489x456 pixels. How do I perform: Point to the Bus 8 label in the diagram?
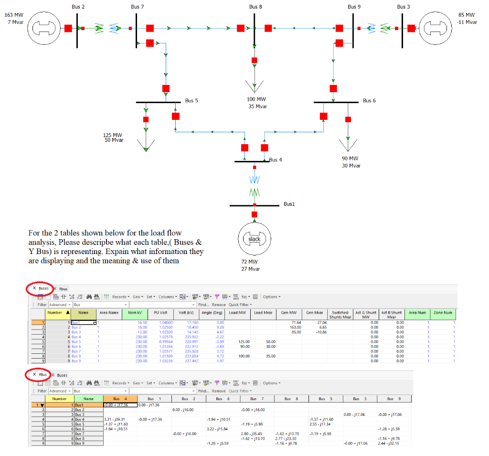(255, 7)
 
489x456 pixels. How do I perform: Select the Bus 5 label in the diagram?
(191, 101)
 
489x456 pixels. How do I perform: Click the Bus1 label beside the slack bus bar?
(289, 204)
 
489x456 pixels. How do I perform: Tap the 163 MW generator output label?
(13, 15)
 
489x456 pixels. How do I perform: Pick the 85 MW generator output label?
(467, 15)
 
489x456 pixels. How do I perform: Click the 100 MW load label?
(256, 99)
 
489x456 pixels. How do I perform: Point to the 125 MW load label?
(113, 135)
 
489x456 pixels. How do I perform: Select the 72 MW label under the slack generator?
(250, 262)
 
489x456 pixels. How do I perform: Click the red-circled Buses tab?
(41, 289)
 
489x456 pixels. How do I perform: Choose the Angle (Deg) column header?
(213, 313)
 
